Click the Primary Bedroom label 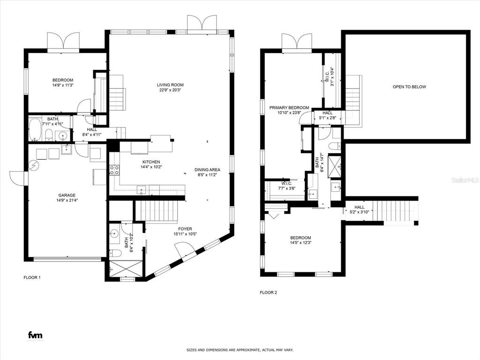click(x=289, y=108)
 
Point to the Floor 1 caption click(x=32, y=277)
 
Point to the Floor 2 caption click(x=269, y=292)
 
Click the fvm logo click(x=35, y=335)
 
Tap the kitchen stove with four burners click(x=113, y=170)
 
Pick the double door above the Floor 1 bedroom click(x=63, y=41)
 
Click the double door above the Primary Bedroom click(x=297, y=41)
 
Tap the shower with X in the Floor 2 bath click(x=335, y=164)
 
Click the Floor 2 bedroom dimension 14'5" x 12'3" click(x=300, y=243)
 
